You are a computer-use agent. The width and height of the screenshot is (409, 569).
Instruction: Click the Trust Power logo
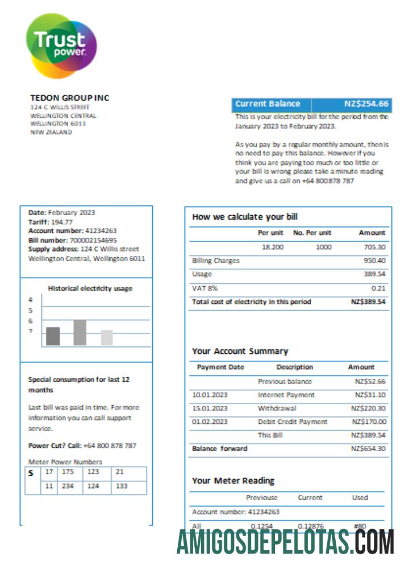[x=61, y=46]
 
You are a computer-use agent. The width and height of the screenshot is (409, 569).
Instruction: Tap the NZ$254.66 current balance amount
[x=366, y=104]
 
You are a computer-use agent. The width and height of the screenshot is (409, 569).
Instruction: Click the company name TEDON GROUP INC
[x=69, y=98]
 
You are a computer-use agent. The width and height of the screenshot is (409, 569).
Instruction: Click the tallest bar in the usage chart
[x=80, y=333]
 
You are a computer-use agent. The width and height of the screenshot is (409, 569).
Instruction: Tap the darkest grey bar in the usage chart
[x=53, y=336]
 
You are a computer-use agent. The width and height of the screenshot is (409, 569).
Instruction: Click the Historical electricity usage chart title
[x=90, y=288]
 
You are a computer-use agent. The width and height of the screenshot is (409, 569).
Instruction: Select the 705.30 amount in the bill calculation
[x=374, y=248]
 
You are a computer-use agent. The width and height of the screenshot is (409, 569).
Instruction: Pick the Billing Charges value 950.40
[x=374, y=261]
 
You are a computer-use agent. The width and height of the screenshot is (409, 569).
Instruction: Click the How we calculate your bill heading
[x=245, y=217]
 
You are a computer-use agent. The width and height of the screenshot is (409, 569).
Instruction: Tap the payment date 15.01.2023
[x=210, y=408]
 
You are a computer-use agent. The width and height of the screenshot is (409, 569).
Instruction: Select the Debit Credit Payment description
[x=293, y=422]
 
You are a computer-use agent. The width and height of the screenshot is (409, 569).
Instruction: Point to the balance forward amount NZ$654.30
[x=369, y=449]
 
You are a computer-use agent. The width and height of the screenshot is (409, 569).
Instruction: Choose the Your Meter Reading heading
[x=233, y=481]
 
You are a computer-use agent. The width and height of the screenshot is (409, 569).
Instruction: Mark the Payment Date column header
[x=220, y=368]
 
